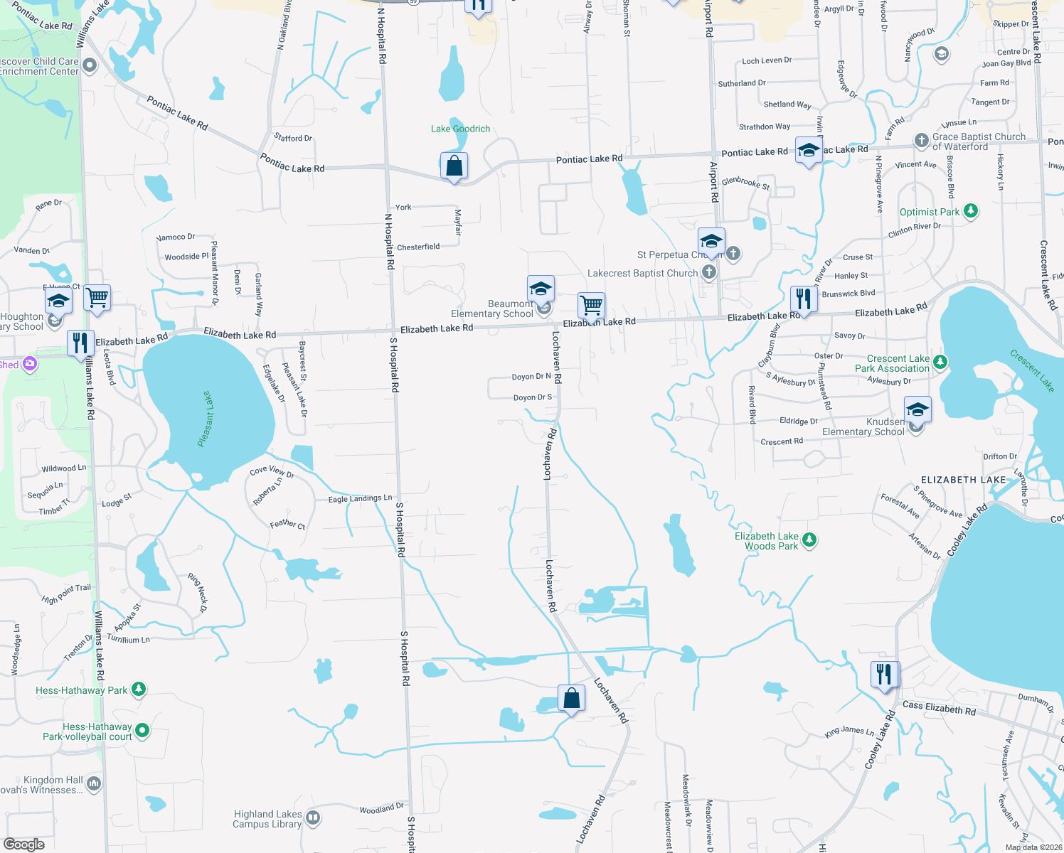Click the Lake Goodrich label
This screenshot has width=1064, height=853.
460,129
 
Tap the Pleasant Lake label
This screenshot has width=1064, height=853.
206,419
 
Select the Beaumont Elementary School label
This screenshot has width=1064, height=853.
492,309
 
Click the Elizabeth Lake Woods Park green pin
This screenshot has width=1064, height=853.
809,541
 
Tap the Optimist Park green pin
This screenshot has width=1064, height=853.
971,211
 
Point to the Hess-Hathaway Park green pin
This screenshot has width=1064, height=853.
139,689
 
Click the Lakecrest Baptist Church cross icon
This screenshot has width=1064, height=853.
708,272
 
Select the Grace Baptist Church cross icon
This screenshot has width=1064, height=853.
922,140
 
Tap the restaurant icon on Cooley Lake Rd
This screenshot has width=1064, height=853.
884,674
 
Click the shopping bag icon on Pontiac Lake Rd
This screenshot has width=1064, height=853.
454,166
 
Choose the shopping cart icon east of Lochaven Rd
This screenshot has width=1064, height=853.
591,306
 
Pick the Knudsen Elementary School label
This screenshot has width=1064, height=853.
863,426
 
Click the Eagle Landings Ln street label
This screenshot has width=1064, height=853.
360,499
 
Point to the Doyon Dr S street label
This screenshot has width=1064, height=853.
533,397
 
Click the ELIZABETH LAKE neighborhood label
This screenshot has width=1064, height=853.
963,480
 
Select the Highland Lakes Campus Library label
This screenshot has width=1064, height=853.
267,819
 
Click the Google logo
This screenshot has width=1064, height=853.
24,844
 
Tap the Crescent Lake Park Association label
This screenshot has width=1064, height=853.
893,363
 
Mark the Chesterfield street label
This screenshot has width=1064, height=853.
418,247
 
